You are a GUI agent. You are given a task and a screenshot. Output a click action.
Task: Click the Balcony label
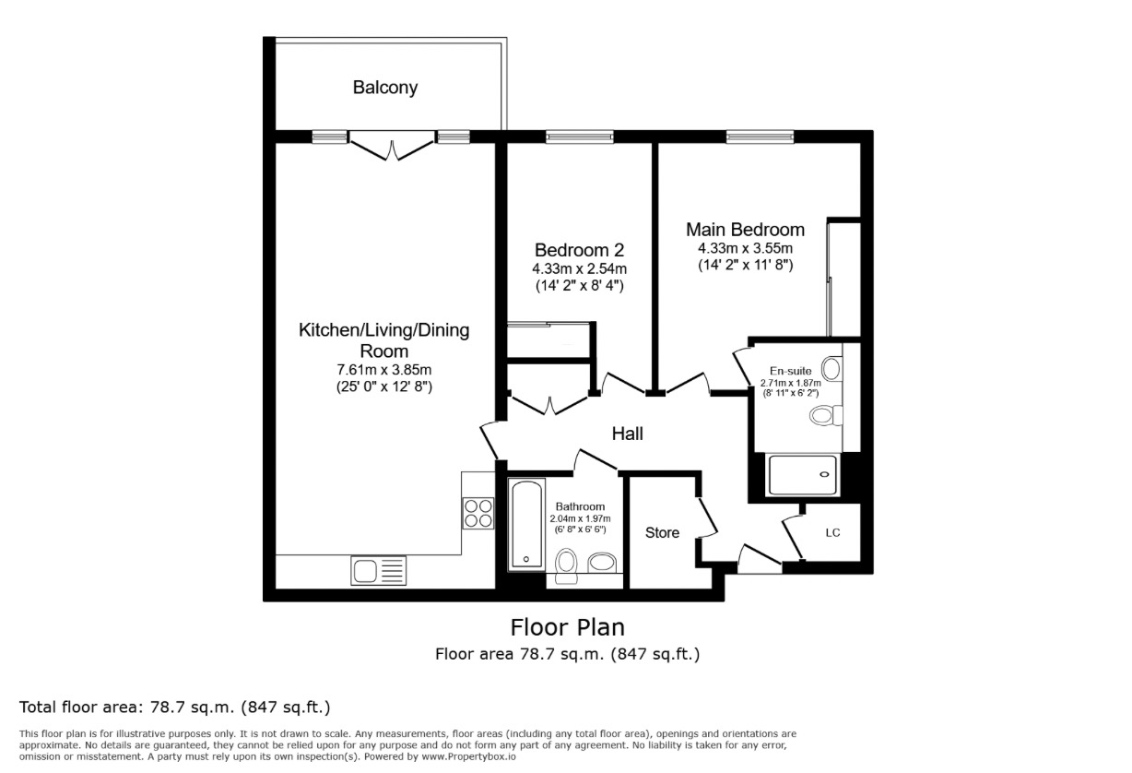click(384, 88)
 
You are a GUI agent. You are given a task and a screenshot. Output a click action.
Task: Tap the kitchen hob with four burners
click(478, 512)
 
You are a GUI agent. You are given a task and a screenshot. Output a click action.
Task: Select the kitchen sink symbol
click(371, 571)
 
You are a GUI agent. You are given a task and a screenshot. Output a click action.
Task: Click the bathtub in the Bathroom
click(527, 523)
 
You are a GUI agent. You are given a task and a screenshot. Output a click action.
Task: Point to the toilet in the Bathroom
click(567, 564)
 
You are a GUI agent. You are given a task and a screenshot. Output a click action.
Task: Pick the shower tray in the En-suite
click(803, 475)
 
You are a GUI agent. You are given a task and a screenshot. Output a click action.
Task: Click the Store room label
click(662, 532)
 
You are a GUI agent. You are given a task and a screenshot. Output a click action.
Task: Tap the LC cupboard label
click(832, 533)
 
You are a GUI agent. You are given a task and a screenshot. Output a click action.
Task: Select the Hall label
click(628, 434)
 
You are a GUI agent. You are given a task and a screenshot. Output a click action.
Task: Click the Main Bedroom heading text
click(745, 230)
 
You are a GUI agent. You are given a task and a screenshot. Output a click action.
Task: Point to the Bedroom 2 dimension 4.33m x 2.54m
click(579, 268)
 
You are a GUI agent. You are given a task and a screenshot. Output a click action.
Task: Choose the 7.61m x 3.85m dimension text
click(383, 370)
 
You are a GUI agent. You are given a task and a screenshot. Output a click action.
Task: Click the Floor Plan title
click(567, 627)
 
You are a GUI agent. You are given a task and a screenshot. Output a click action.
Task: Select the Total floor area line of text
click(174, 708)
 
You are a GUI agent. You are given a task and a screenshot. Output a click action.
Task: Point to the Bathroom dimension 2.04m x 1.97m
click(580, 518)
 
